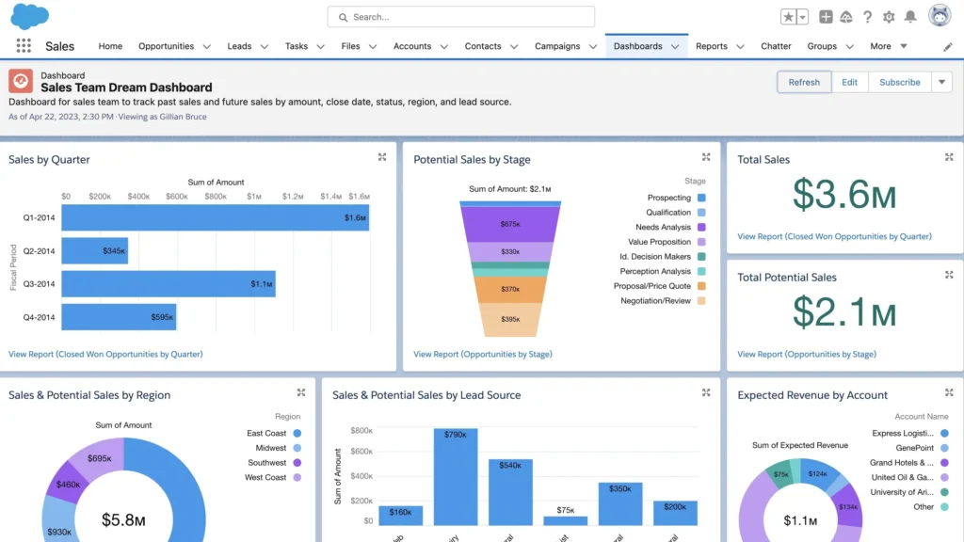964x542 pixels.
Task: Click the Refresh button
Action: pos(804,82)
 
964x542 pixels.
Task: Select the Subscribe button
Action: pos(899,82)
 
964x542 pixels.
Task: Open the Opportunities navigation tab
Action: pos(166,46)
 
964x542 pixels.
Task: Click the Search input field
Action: pos(461,17)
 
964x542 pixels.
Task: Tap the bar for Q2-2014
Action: pos(94,251)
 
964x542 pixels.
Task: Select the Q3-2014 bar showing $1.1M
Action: pos(169,284)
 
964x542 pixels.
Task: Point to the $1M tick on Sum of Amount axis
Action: pos(254,197)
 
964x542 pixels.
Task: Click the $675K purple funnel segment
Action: pos(510,224)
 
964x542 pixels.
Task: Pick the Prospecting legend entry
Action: pos(669,198)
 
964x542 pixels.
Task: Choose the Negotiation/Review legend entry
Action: pos(656,301)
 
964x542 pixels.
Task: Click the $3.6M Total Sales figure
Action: pos(843,194)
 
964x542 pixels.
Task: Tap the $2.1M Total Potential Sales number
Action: pos(843,311)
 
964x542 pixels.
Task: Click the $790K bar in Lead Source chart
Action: pos(456,476)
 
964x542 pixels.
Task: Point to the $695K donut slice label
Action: pos(99,457)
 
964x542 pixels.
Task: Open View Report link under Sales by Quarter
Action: pos(105,354)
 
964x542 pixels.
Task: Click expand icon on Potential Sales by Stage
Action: pos(706,157)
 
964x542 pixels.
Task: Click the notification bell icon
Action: pos(910,17)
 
